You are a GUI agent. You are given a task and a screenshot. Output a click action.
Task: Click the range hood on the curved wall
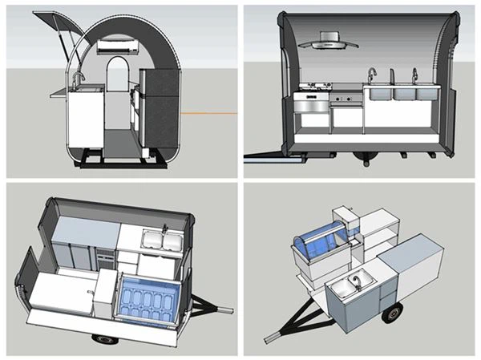pos(329,40)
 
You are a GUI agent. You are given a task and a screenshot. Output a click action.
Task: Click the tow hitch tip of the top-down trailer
pos(230,305)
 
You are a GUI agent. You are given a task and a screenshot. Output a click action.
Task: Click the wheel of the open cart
pos(391,313)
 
